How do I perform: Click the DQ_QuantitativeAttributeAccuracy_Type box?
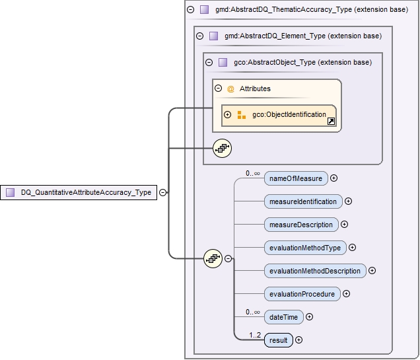coord(79,193)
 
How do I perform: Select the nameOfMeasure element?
coord(295,178)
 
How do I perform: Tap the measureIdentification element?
coord(303,201)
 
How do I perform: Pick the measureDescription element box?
coord(301,225)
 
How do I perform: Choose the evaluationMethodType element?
coord(305,248)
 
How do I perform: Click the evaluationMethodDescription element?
coord(315,271)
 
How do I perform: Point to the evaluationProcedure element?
coord(302,294)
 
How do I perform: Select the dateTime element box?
coord(283,317)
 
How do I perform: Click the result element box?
coord(278,340)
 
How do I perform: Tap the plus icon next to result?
coord(299,340)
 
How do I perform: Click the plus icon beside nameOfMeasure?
coord(334,178)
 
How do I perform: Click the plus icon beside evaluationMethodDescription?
coord(372,271)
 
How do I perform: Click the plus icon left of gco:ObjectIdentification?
coord(228,115)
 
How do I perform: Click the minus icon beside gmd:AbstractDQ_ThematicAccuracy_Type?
coord(191,10)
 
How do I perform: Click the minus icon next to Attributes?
coord(218,89)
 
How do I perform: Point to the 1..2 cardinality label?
coord(254,334)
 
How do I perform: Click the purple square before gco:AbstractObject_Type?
coord(223,63)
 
